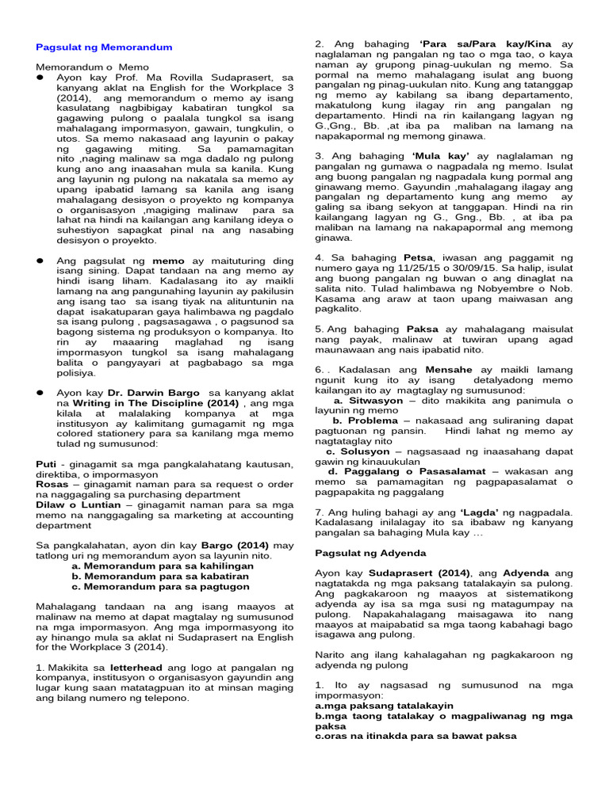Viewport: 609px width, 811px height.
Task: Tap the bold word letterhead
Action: [137, 668]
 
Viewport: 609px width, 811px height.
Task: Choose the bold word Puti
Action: [47, 463]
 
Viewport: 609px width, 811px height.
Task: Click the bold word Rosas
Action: [52, 483]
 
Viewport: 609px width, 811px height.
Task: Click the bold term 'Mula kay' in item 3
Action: [441, 155]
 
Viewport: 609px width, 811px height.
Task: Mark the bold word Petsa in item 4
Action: [418, 257]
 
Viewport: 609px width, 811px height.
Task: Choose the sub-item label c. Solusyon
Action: [364, 451]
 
